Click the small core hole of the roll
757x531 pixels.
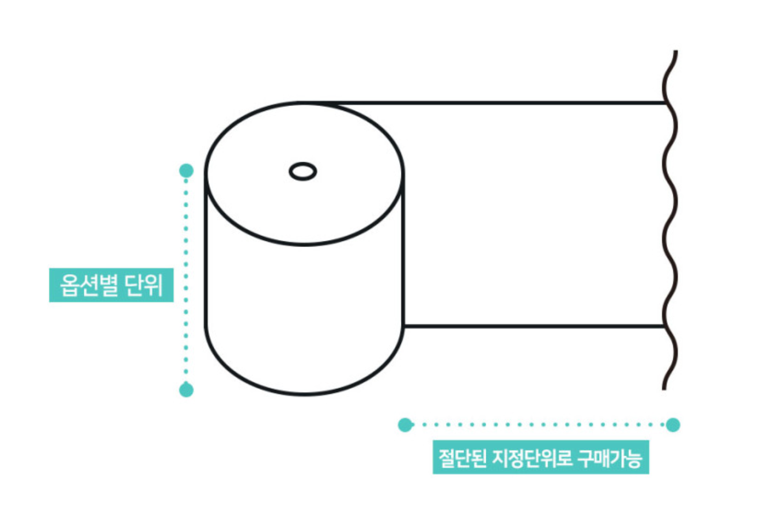(302, 171)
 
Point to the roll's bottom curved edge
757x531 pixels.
(304, 394)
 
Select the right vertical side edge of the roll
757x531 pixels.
(403, 253)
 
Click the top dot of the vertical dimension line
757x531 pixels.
(186, 170)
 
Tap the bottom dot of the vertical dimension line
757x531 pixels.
(186, 390)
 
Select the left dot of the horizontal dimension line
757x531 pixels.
(406, 425)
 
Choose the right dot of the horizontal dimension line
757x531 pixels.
(673, 425)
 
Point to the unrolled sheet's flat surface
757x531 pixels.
(536, 213)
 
